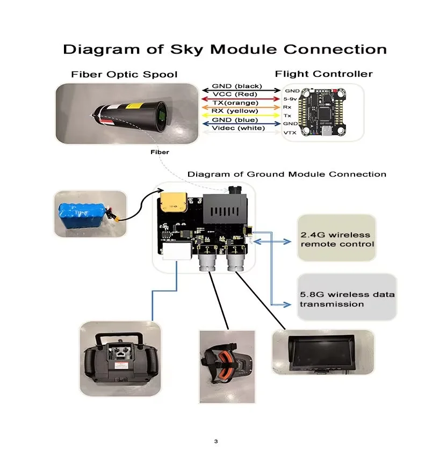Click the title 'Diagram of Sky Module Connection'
[x=225, y=49]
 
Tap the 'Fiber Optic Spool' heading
[x=124, y=75]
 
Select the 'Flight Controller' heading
[x=324, y=74]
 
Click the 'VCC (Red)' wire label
[x=235, y=94]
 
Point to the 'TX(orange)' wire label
[x=235, y=103]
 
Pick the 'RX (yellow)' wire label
[x=235, y=111]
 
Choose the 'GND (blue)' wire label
[x=235, y=120]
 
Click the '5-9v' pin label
[x=290, y=99]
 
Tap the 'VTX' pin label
[x=290, y=133]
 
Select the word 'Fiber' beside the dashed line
[x=160, y=152]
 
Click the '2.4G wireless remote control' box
[x=336, y=238]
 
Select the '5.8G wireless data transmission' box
[x=347, y=297]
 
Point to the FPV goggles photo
[x=227, y=367]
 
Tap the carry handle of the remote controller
[x=119, y=337]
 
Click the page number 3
[x=216, y=441]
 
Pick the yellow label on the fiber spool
[x=135, y=106]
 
